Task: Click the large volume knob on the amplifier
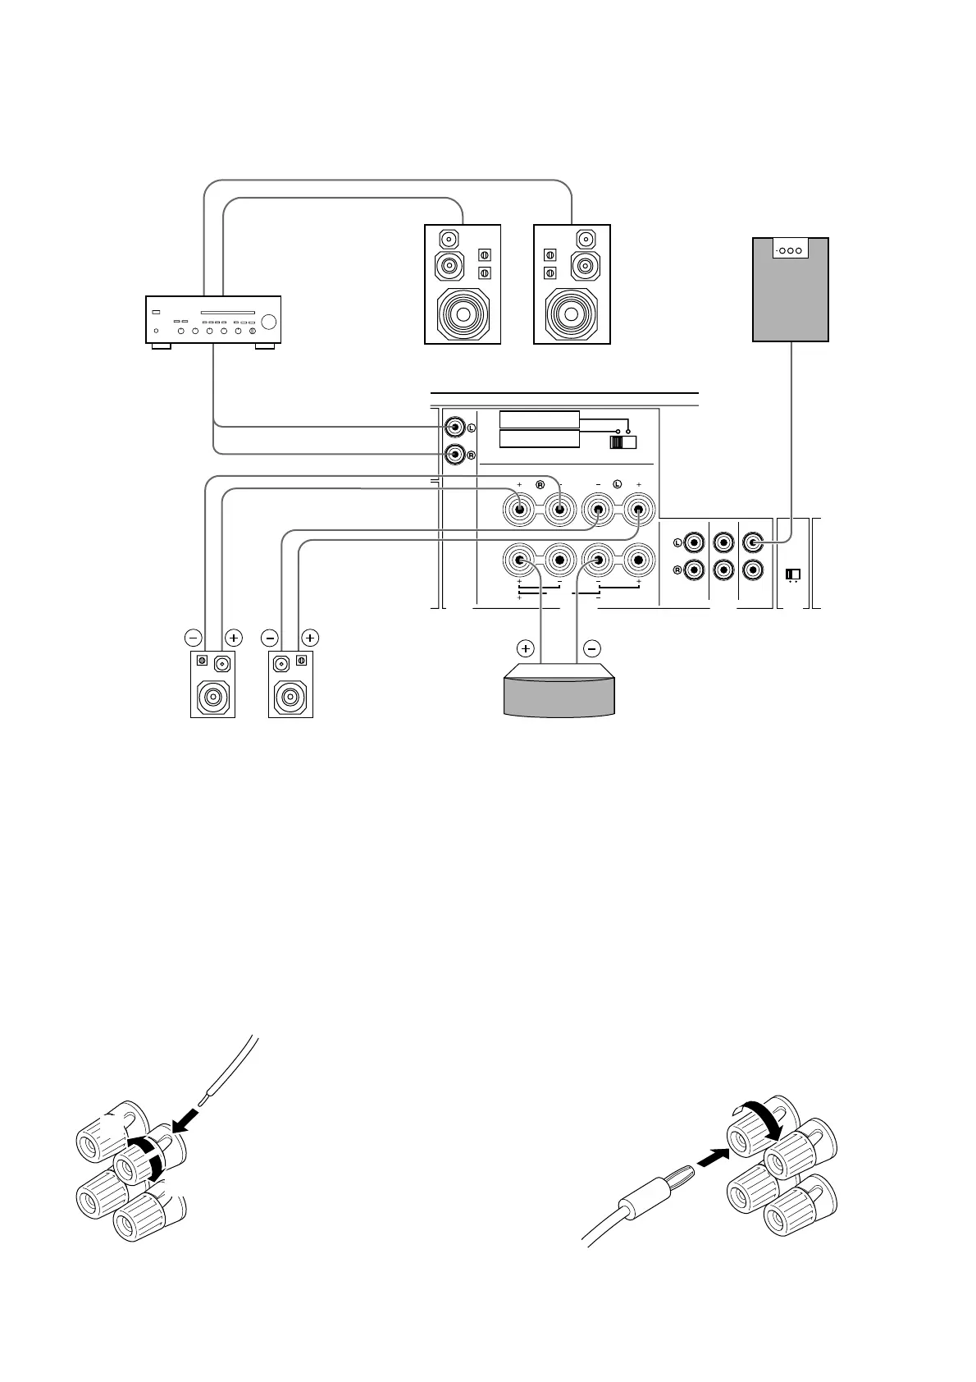pyautogui.click(x=270, y=322)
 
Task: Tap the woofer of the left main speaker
pyautogui.click(x=462, y=314)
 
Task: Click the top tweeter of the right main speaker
pyautogui.click(x=587, y=240)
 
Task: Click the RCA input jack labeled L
pyautogui.click(x=454, y=427)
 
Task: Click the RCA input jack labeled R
pyautogui.click(x=454, y=453)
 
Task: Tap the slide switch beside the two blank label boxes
pyautogui.click(x=623, y=442)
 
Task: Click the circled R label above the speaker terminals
pyautogui.click(x=540, y=484)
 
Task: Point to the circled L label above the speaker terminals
pyautogui.click(x=617, y=484)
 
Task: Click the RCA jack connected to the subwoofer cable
pyautogui.click(x=753, y=542)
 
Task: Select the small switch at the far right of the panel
pyautogui.click(x=793, y=573)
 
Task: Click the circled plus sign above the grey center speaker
pyautogui.click(x=526, y=648)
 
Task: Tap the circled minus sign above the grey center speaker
pyautogui.click(x=592, y=648)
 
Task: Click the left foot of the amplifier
pyautogui.click(x=160, y=346)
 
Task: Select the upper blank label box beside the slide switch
pyautogui.click(x=539, y=419)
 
